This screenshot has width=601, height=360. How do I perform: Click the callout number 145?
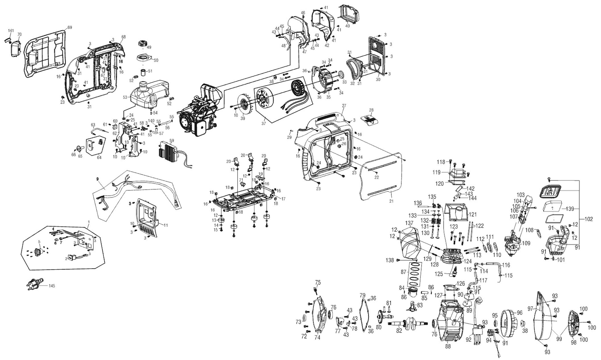52,286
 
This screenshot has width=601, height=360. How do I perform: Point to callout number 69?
69,28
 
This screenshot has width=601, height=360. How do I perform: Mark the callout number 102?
588,219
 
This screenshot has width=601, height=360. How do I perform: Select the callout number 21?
391,201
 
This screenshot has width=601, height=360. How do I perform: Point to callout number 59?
172,140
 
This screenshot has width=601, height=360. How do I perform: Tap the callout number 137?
409,223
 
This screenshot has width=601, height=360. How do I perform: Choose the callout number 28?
371,110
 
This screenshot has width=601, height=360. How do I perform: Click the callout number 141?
11,30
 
